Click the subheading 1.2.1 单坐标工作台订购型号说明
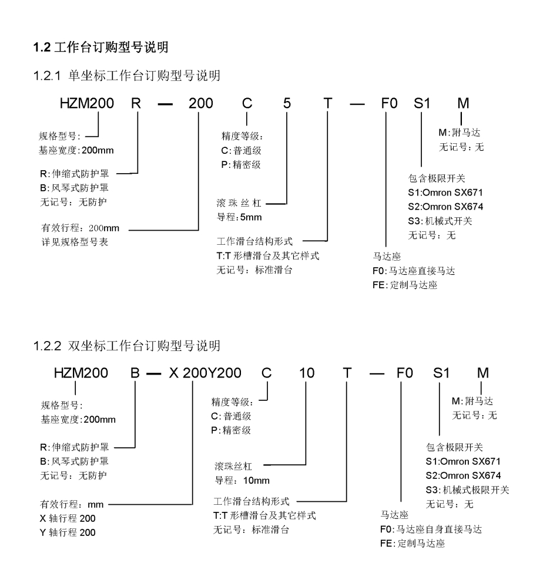point(127,76)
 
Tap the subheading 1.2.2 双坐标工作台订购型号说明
point(127,346)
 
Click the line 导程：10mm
point(242,481)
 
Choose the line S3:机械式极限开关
point(467,490)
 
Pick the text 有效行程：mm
point(67,504)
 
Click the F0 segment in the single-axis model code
point(386,104)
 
